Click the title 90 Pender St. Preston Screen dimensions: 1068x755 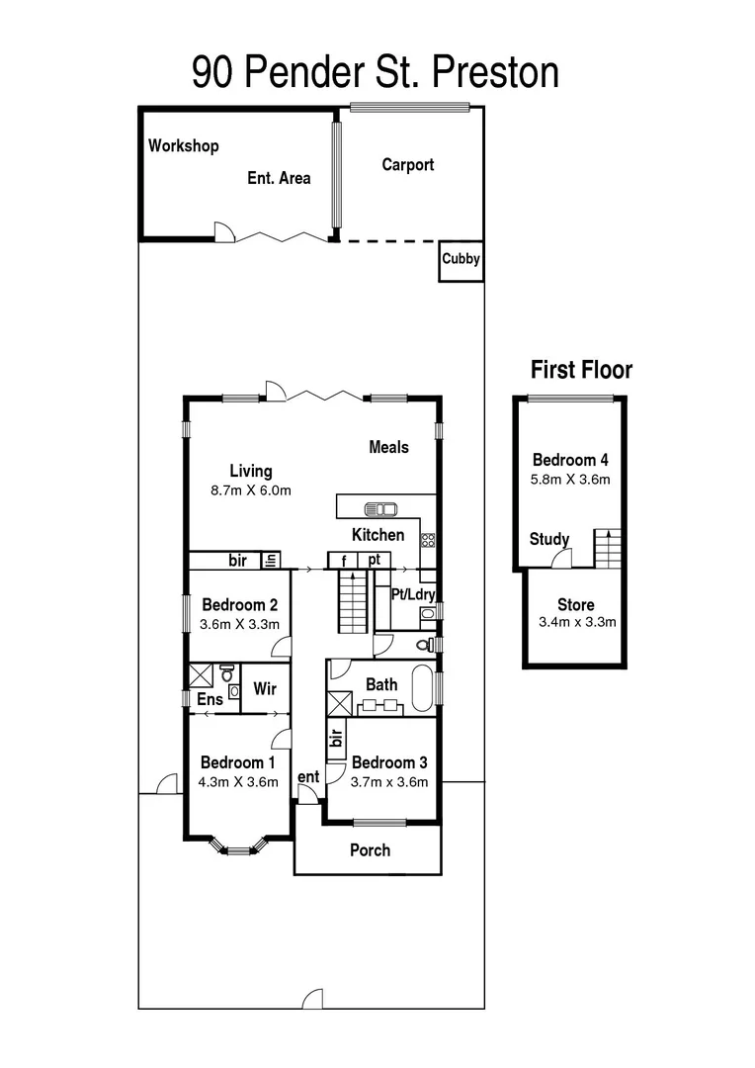376,71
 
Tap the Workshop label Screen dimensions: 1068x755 184,146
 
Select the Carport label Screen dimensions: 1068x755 408,165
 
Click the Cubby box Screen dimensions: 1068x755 461,260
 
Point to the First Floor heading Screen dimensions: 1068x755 581,371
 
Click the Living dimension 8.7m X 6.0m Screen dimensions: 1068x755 251,490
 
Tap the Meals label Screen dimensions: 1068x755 388,448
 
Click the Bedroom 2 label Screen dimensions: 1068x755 239,605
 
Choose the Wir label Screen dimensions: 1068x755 264,689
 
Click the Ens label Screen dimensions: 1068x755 210,700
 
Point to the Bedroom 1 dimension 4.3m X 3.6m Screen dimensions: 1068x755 238,781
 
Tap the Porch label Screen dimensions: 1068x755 370,850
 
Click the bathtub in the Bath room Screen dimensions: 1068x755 423,688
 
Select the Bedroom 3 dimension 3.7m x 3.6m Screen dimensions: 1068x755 389,781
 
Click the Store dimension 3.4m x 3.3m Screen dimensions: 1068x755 576,623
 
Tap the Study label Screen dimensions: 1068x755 549,540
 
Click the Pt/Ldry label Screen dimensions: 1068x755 413,595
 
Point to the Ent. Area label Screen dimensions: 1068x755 279,179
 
